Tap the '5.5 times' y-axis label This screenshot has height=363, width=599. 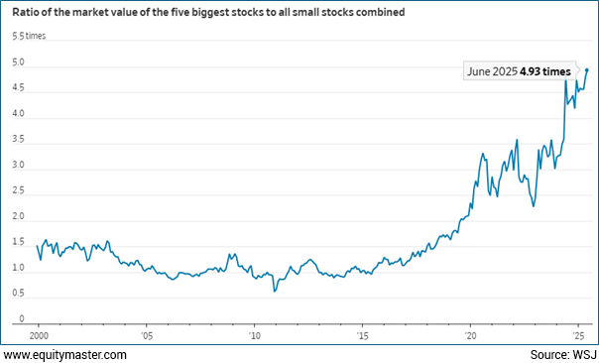pos(29,37)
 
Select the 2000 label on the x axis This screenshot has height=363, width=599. pos(39,335)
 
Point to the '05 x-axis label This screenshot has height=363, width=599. pos(146,335)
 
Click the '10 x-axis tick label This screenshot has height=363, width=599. pos(254,335)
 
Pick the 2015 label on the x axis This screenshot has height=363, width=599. pos(362,335)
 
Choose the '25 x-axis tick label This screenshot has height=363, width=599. pos(577,335)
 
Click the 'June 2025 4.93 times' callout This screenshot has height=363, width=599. pos(521,71)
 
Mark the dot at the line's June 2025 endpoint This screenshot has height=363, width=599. pos(587,69)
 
